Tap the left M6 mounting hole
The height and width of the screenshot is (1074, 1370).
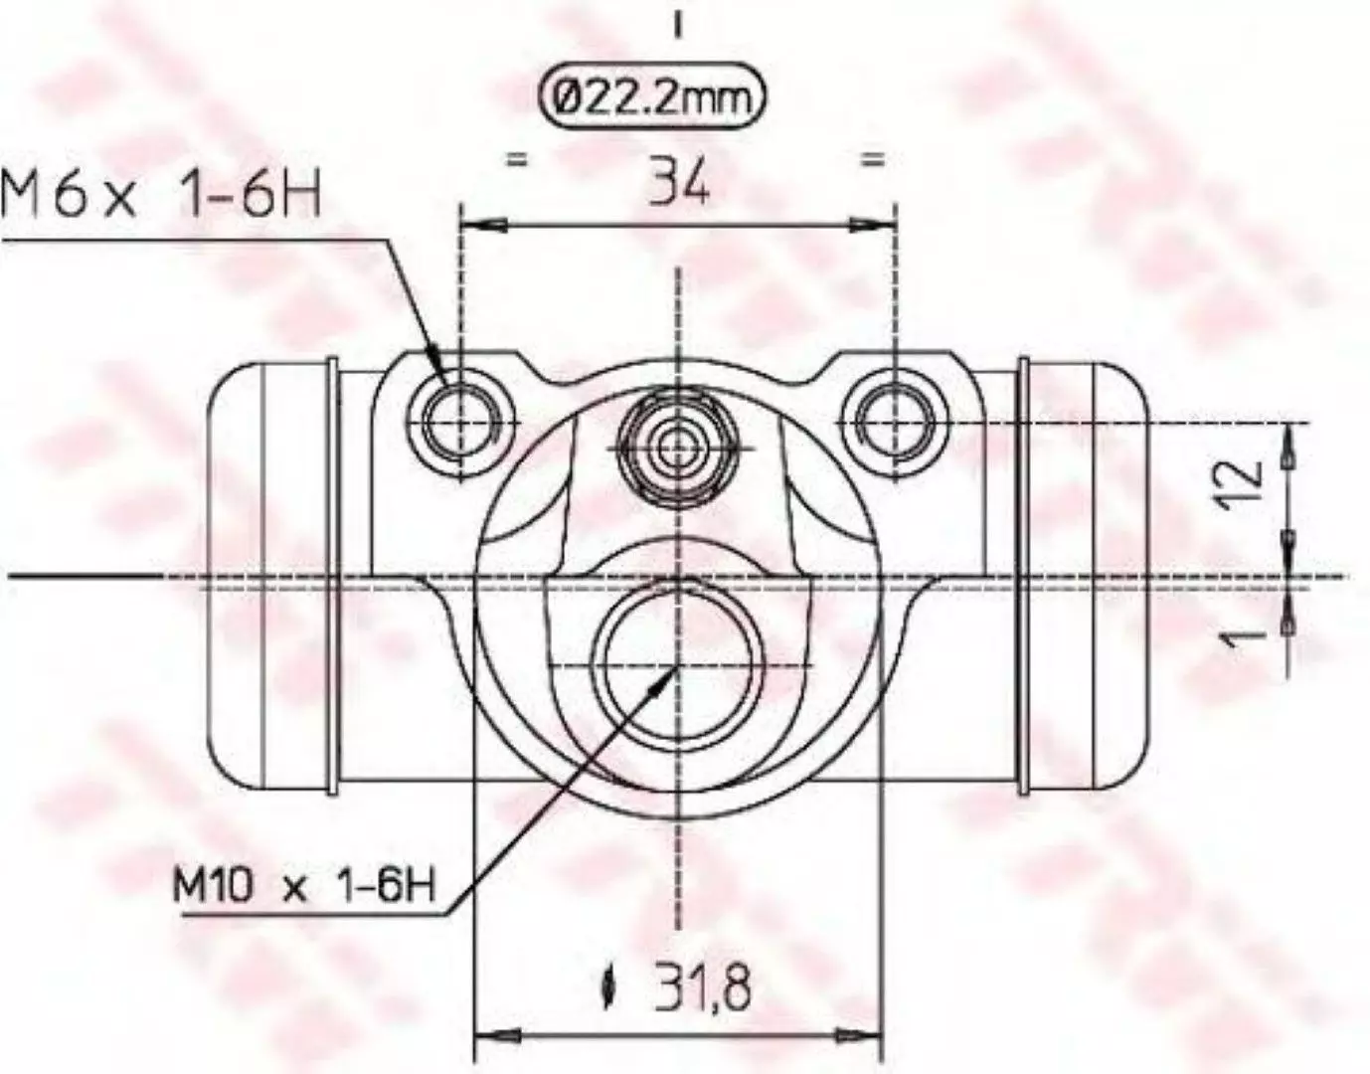(x=461, y=423)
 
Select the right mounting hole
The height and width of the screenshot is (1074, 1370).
(x=896, y=422)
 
